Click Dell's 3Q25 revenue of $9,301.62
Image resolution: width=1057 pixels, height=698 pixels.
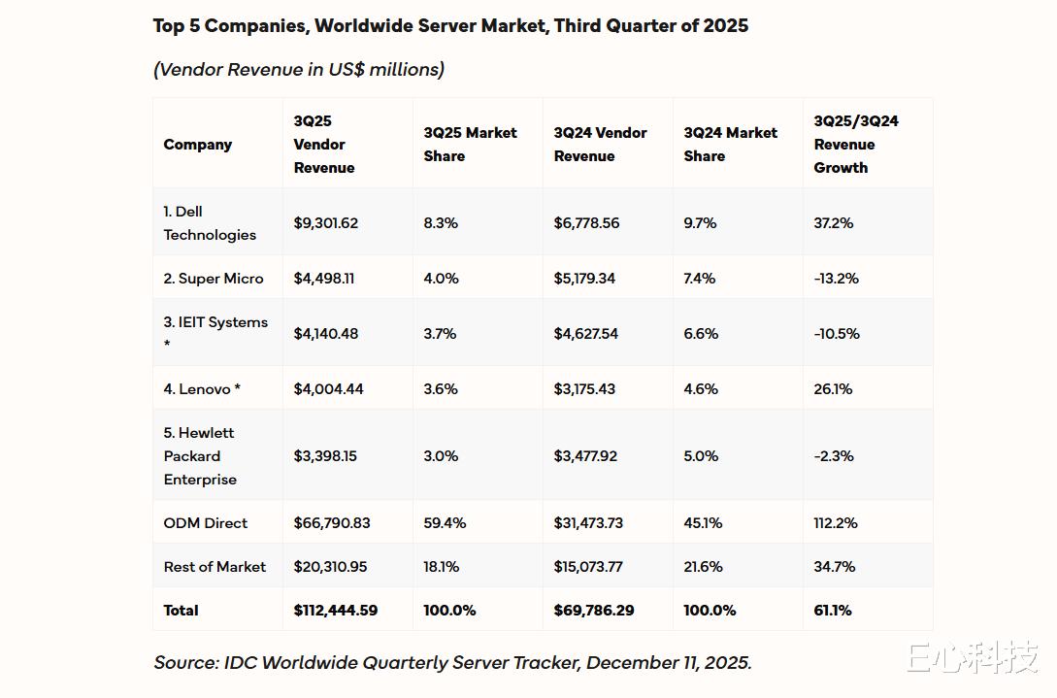click(326, 223)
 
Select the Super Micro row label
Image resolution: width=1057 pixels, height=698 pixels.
click(214, 279)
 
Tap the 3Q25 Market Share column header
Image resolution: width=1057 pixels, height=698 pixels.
click(471, 144)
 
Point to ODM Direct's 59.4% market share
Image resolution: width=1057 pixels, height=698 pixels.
click(445, 523)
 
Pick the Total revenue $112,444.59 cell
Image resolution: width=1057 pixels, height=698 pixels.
click(336, 611)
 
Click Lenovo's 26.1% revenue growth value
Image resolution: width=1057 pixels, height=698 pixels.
click(833, 389)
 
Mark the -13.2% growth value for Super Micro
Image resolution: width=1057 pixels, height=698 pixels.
click(837, 279)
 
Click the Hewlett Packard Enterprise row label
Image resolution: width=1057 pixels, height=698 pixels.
click(200, 456)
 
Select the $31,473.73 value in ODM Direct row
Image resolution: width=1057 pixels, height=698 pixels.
click(596, 523)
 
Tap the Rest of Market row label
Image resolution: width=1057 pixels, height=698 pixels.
click(215, 567)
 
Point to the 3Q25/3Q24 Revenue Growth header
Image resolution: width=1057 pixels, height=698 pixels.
click(856, 144)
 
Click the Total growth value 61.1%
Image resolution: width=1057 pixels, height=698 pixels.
click(833, 611)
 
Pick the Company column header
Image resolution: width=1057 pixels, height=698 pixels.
click(198, 145)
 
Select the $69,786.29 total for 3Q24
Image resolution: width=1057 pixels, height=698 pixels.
click(594, 611)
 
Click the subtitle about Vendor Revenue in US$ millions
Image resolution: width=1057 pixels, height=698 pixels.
click(299, 69)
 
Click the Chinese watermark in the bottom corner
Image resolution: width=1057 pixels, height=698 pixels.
click(973, 658)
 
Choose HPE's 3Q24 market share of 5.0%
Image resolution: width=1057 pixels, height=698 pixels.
click(701, 456)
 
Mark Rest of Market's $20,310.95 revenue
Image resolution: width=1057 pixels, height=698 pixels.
click(330, 567)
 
